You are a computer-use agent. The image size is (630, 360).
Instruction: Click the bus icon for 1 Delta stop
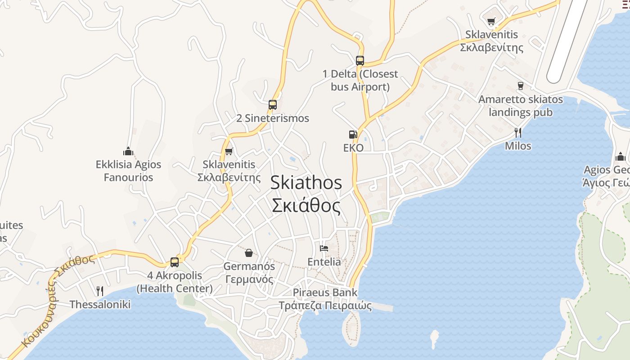[360, 61]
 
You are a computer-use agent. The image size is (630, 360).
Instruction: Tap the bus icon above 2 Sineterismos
[272, 105]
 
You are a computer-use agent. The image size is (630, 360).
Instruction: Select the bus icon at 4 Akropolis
[174, 262]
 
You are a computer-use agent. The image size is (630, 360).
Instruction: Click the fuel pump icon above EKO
[353, 134]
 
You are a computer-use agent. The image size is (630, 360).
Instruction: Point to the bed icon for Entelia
[324, 248]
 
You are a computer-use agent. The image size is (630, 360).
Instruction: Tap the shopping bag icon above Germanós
[249, 252]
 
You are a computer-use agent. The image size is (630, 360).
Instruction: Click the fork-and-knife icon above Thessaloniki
[100, 291]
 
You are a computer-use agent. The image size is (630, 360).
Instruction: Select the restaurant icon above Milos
[518, 132]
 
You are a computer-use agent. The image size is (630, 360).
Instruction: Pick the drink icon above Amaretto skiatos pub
[521, 85]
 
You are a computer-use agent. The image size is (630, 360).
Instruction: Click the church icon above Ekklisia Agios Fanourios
[128, 151]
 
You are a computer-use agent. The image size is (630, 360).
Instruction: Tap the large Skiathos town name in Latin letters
[306, 183]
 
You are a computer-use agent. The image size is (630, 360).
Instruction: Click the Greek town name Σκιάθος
[306, 206]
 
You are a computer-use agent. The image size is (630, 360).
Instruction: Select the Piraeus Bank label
[325, 292]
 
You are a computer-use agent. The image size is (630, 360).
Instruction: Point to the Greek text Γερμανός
[249, 279]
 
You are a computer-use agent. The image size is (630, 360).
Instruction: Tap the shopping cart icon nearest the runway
[491, 21]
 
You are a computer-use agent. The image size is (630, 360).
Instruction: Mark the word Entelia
[324, 261]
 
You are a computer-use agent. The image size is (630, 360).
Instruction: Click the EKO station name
[353, 148]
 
